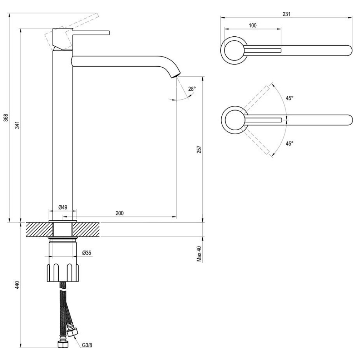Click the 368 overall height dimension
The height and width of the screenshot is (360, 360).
(6, 118)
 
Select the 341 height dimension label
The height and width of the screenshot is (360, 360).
(17, 125)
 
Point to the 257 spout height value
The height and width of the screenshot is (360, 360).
(199, 149)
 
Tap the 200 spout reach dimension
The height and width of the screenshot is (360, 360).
(120, 213)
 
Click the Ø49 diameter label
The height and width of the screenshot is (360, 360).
(63, 207)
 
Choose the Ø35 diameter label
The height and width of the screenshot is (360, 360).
(86, 253)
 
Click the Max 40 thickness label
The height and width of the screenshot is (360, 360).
(199, 254)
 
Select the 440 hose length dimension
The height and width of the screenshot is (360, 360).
(17, 285)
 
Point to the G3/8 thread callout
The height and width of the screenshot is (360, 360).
(87, 345)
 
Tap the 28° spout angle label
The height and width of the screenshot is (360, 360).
(192, 89)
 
